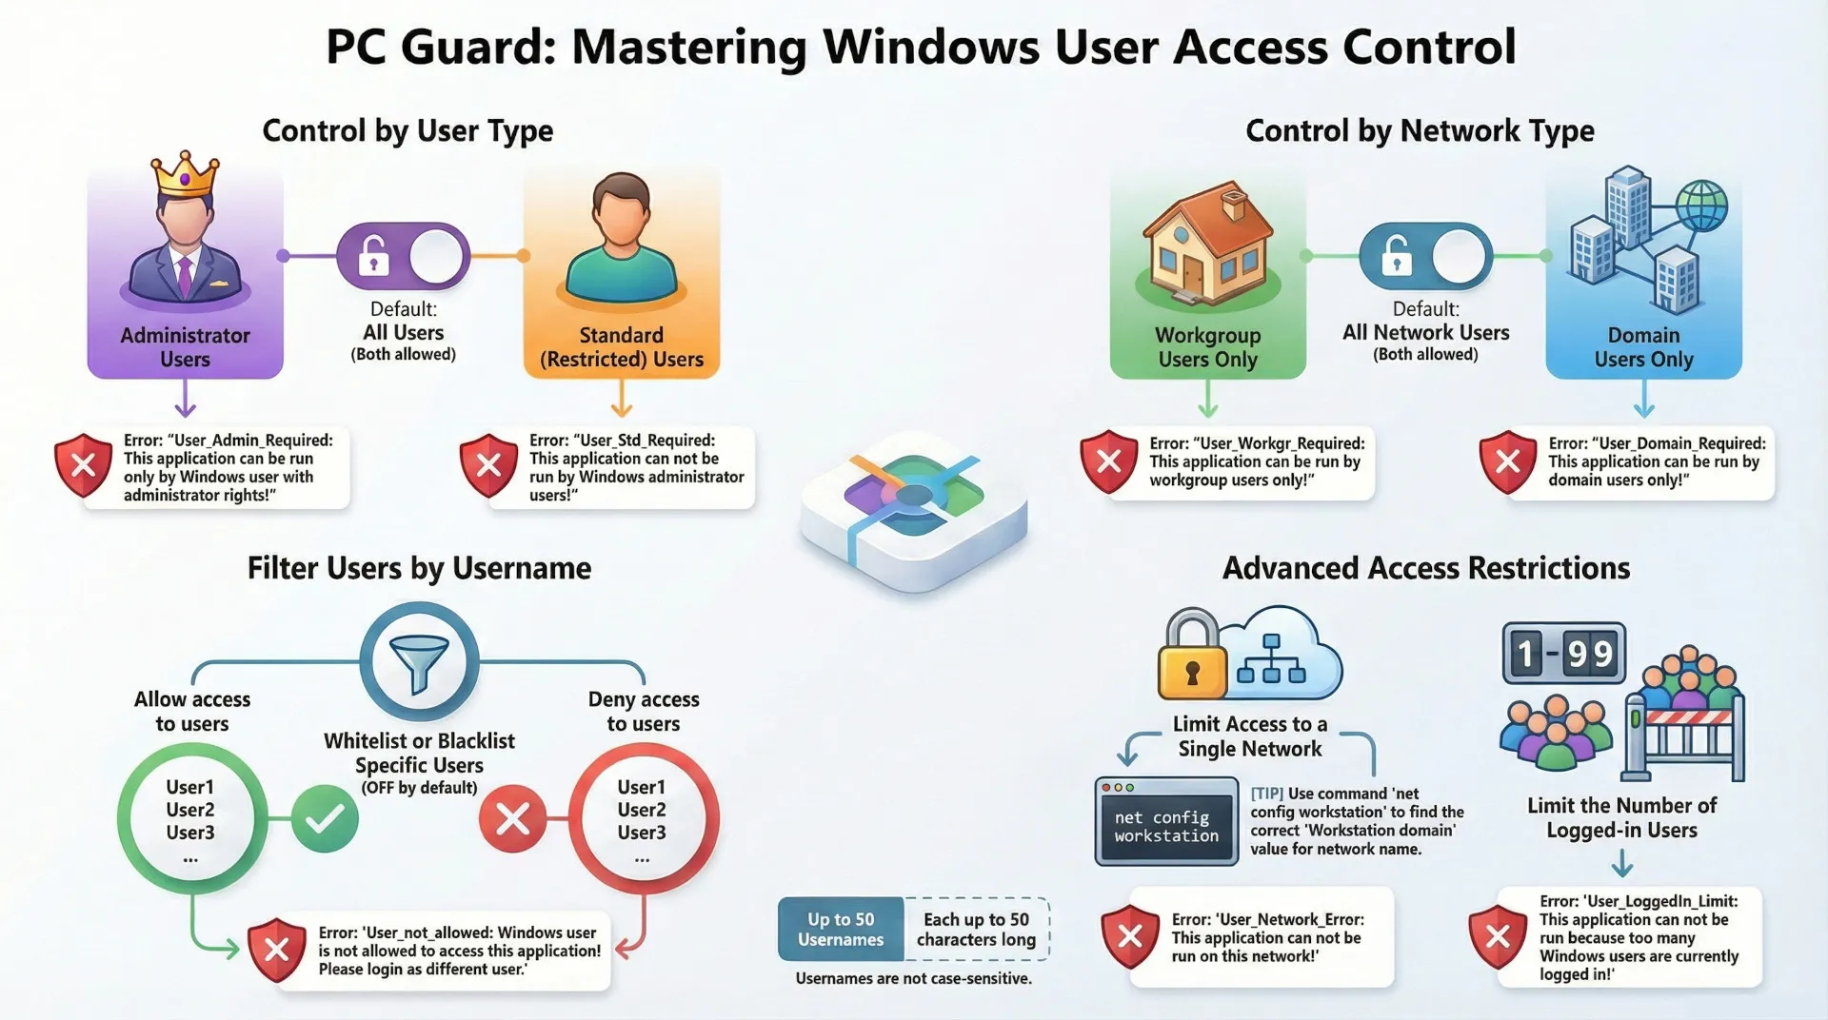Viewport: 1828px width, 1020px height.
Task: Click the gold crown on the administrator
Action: pos(186,174)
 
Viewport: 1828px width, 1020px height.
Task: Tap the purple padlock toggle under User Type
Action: pos(403,256)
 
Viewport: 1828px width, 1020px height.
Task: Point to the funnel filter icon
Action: pos(419,661)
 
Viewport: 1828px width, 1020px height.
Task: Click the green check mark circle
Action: pos(325,818)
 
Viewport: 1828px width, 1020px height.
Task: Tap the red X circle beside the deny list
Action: pos(512,818)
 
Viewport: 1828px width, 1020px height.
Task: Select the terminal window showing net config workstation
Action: pos(1166,821)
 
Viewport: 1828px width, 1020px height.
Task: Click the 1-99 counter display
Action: pos(1564,654)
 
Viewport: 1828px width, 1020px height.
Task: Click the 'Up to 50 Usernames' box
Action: pos(841,930)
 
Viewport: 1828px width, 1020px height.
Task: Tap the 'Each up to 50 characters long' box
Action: pos(977,930)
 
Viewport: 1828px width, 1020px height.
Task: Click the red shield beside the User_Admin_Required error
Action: pos(84,465)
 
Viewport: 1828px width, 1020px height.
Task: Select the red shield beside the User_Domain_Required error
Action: pos(1507,461)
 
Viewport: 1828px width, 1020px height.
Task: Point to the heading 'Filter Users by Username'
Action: pos(419,568)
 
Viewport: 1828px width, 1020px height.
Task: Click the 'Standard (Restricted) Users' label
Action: pos(622,347)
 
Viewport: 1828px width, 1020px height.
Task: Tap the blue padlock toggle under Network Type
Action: pos(1425,256)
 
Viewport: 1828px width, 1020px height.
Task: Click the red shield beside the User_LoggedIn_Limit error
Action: pos(1498,936)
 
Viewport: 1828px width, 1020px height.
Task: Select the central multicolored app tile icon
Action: pos(913,509)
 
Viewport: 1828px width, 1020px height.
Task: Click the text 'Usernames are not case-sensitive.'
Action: pos(913,978)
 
